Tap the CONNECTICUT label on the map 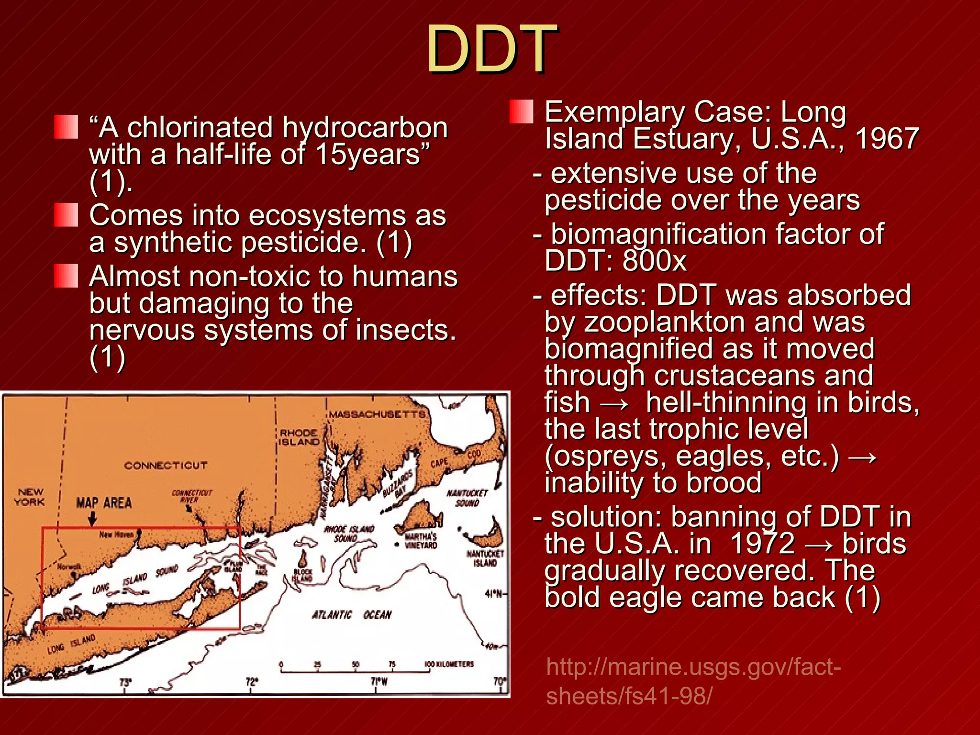166,465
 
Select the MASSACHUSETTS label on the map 377,414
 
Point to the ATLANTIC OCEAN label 352,614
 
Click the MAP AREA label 104,503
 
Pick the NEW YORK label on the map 30,497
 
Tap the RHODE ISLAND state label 299,437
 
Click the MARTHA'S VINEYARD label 421,541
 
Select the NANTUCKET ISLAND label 485,558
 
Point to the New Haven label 116,535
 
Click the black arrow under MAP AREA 93,518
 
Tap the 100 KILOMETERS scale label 449,664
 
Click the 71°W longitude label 379,681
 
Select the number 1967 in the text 887,139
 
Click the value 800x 655,261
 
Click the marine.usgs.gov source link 693,681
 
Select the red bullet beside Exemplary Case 521,111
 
